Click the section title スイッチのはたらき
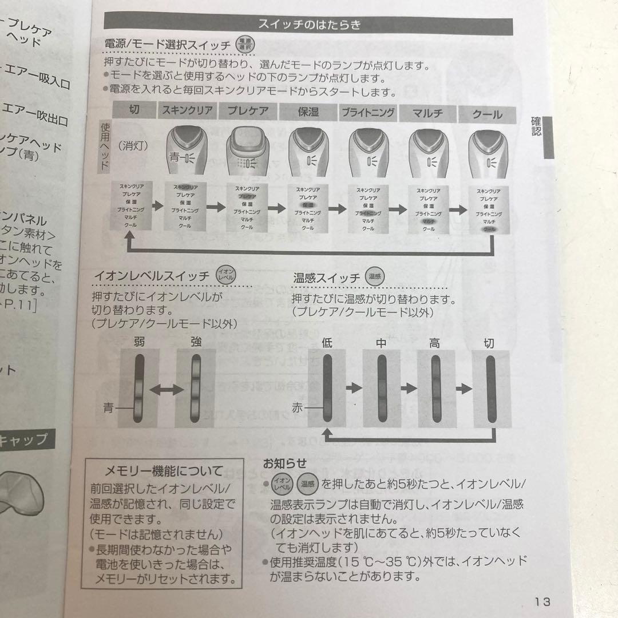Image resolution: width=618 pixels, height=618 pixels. pos(308,25)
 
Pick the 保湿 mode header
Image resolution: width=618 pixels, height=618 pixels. pos(308,112)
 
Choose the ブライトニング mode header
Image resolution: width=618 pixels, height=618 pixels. pos(369,112)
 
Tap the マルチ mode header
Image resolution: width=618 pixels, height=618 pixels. pos(427,113)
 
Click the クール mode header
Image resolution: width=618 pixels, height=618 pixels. pos(487,114)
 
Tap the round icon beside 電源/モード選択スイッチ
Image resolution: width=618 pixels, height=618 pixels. pos(245,45)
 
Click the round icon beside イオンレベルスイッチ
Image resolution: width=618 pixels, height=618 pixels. pos(223,275)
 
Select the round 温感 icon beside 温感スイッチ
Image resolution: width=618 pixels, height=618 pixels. pos(375,276)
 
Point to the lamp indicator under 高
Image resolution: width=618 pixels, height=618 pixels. pos(437,388)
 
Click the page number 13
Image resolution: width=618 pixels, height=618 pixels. pos(542,601)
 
